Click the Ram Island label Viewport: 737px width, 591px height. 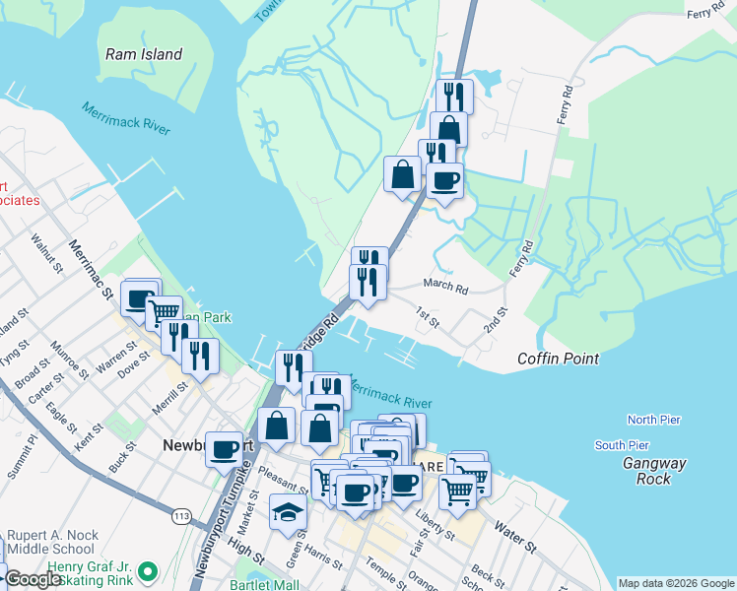click(x=144, y=54)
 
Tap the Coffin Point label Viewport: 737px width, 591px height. click(x=558, y=359)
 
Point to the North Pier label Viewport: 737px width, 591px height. click(x=654, y=420)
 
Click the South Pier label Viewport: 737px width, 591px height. click(x=622, y=445)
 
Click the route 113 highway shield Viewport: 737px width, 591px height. click(x=180, y=515)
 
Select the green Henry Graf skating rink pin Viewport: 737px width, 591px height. click(x=148, y=571)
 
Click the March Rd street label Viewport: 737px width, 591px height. click(x=445, y=286)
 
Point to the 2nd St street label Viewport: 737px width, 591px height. click(x=495, y=319)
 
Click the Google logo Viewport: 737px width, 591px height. click(x=33, y=579)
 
